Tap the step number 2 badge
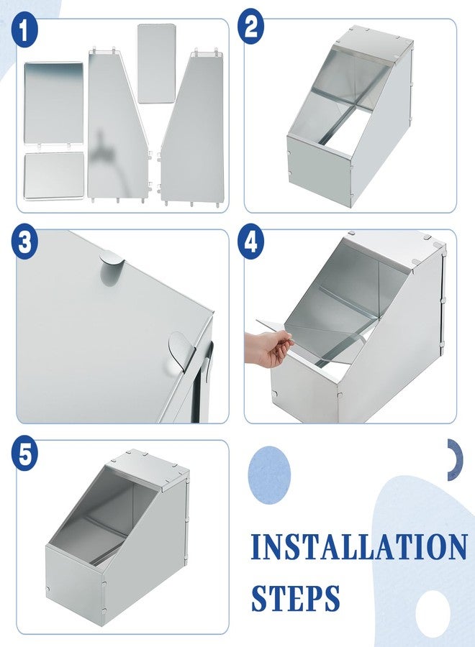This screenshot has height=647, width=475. (251, 27)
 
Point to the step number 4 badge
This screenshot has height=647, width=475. (251, 242)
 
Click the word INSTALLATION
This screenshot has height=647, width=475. (358, 548)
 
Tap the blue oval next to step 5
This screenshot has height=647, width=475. (269, 474)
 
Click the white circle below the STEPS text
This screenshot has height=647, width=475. (433, 611)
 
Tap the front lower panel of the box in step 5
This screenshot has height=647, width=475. (76, 579)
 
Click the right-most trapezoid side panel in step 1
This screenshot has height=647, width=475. (191, 129)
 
